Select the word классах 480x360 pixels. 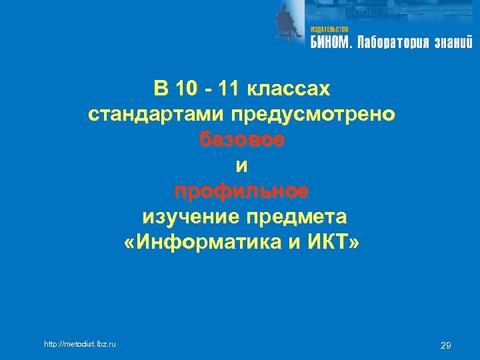[288, 89]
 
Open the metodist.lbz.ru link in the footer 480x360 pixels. [79, 344]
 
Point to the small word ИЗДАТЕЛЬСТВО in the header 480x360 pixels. [329, 30]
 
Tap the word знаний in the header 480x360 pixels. [453, 43]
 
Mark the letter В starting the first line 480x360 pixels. [159, 89]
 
